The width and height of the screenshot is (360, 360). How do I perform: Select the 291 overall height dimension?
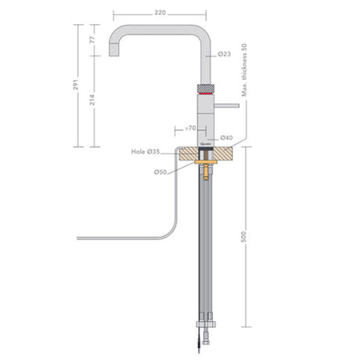tap(77, 85)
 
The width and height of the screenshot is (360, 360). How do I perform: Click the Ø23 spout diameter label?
tap(225, 54)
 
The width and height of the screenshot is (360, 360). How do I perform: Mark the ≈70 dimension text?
tap(187, 127)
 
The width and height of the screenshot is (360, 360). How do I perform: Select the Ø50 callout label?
tap(160, 171)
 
